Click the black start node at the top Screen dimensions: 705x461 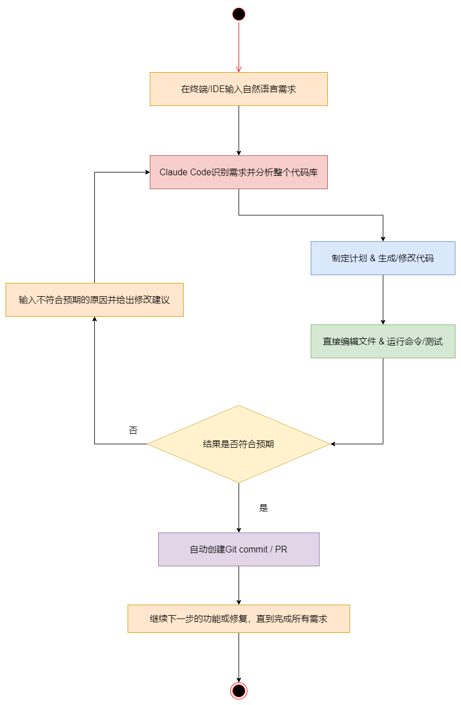[x=239, y=14]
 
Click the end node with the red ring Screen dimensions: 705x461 [x=239, y=691]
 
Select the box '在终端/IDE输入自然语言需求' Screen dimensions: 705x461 [x=239, y=89]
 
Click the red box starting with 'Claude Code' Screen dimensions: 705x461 [x=239, y=172]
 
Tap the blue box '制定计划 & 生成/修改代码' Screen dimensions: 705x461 [x=383, y=258]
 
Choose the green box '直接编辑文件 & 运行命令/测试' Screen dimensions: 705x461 [x=383, y=341]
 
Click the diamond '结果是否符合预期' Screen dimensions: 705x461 [x=239, y=444]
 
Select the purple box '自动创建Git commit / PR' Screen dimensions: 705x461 [x=239, y=549]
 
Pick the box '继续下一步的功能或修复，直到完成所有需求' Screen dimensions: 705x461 [x=239, y=618]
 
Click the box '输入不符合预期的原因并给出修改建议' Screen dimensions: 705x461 [x=94, y=300]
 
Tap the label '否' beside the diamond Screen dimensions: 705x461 [x=133, y=430]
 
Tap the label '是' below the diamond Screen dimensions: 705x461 [x=264, y=508]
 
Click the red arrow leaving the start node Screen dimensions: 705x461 [x=239, y=44]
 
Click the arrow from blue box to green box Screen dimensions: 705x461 [x=383, y=300]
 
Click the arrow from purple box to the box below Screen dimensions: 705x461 [x=239, y=585]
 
